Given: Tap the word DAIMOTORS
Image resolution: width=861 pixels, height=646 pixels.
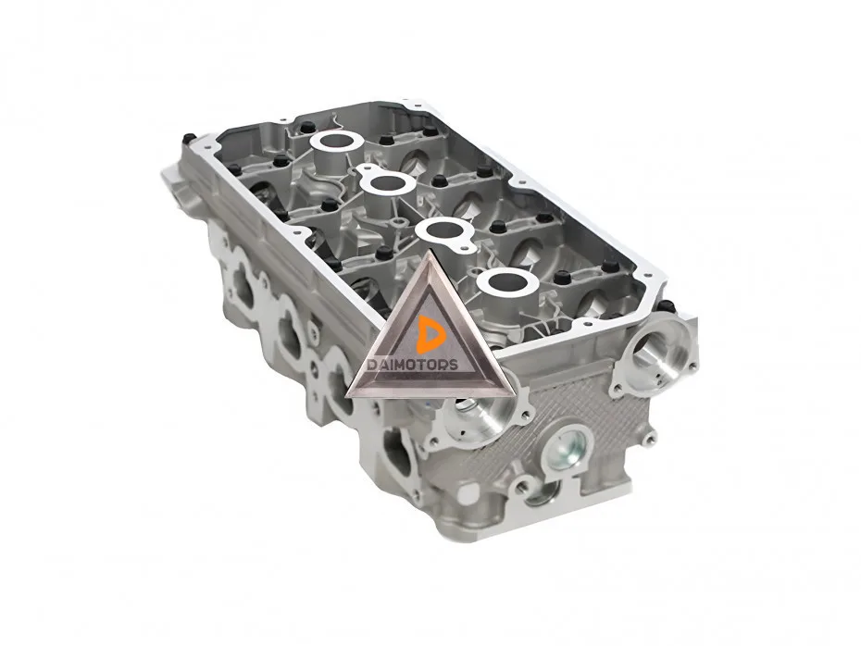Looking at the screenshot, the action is point(413,365).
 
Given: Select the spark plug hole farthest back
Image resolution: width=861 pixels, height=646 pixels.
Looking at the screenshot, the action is point(336,141).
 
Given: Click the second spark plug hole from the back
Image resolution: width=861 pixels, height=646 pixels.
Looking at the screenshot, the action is point(388,184).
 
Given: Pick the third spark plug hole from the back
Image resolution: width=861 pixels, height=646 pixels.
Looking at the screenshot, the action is point(444,230).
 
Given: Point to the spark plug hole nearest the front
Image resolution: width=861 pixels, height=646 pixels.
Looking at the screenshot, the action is point(507,282).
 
